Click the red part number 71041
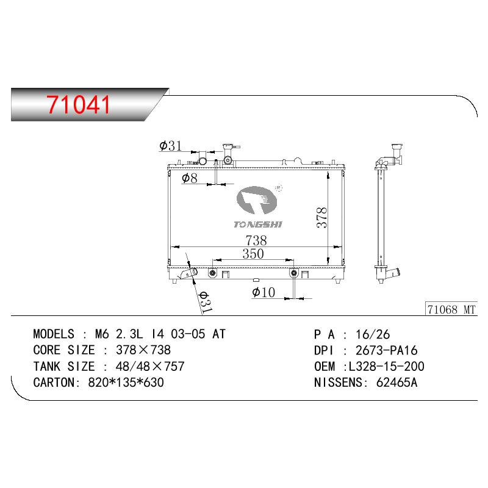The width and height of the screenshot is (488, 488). (x=78, y=104)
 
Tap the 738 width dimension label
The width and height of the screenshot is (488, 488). (x=256, y=240)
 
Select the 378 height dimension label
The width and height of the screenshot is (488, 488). (x=321, y=218)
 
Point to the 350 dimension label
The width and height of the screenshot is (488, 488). (x=253, y=254)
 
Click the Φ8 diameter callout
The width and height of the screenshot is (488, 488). (x=190, y=178)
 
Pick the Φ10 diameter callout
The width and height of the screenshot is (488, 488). (x=264, y=292)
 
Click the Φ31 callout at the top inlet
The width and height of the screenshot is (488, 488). (x=170, y=146)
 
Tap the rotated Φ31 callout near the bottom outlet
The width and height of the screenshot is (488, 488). (x=205, y=302)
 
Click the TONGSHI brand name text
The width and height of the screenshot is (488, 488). (x=257, y=224)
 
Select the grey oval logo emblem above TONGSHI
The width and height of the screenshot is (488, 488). (x=256, y=200)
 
